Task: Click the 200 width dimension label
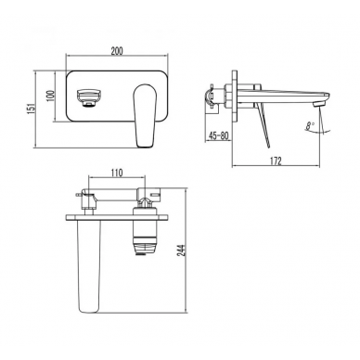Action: pos(117,51)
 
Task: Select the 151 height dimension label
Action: pos(32,109)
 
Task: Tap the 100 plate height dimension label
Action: pos(51,96)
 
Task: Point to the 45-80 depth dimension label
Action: pos(218,135)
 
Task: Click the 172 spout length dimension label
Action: pos(276,161)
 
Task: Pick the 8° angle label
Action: pos(310,126)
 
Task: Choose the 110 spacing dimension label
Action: pos(117,172)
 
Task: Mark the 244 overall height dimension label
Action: pos(182,251)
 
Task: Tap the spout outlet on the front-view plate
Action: pos(88,97)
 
